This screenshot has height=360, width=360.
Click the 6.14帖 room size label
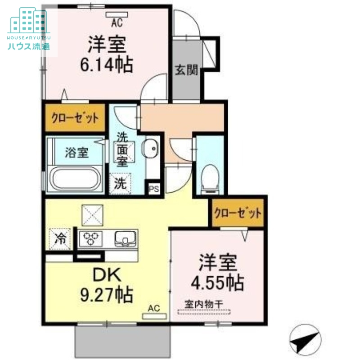(x=107, y=64)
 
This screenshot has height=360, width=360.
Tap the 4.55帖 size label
(x=217, y=283)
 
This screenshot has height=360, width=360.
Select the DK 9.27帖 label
(x=107, y=285)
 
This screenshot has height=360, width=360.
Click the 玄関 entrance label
(x=186, y=70)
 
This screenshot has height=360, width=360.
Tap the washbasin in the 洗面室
(x=150, y=148)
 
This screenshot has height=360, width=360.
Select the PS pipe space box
(x=154, y=189)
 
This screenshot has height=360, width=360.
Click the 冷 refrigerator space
(x=60, y=238)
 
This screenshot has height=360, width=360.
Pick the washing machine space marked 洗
(x=120, y=184)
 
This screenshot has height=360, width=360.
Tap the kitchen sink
(x=126, y=239)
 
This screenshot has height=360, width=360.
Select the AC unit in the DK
(x=154, y=316)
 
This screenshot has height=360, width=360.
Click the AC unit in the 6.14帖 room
(x=117, y=15)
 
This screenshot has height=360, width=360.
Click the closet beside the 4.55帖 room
(x=238, y=212)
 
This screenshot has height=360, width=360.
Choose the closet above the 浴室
(x=75, y=118)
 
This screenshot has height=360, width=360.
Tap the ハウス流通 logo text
(x=29, y=47)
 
